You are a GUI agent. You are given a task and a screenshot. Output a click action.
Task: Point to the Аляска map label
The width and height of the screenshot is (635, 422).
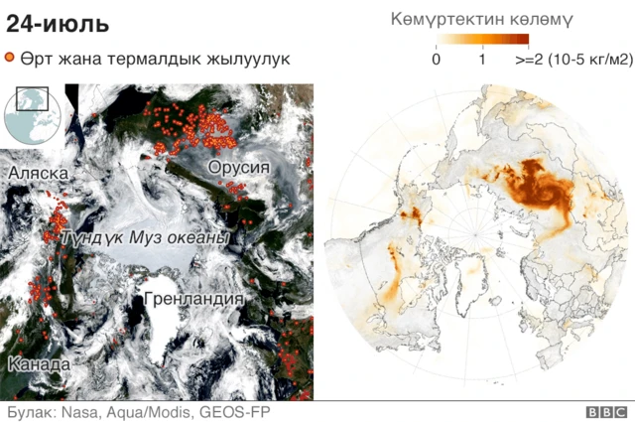[38, 174]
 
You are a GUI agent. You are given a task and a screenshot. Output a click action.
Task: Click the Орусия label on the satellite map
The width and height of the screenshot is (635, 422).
[238, 167]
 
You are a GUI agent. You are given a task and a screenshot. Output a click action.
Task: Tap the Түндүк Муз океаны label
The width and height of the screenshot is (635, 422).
[145, 239]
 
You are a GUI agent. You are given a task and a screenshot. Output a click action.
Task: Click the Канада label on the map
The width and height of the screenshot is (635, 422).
[39, 364]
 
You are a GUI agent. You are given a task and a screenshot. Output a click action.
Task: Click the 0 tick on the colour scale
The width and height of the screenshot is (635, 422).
[437, 60]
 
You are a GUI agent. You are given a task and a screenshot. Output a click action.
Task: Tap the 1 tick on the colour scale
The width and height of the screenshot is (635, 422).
[482, 60]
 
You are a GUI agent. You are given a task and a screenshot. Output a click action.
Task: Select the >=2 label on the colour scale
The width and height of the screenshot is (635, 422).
[527, 60]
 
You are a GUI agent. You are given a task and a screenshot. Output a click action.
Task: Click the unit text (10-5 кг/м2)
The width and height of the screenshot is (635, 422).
[587, 60]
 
